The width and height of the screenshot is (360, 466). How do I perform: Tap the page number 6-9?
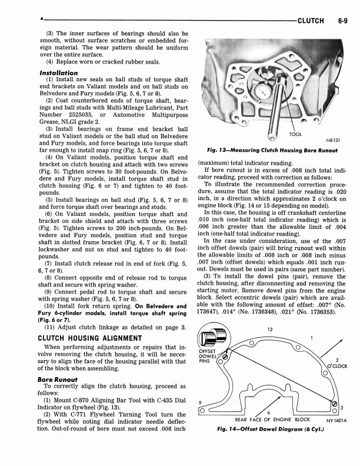tap(344, 20)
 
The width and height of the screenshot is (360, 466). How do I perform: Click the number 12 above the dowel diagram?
tap(269, 329)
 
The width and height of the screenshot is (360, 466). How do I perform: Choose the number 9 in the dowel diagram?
tap(201, 403)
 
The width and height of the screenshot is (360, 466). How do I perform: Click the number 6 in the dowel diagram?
tap(268, 412)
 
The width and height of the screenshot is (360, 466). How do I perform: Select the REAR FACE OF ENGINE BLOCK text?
tap(272, 420)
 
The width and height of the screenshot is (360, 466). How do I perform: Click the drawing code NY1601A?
tap(339, 420)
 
